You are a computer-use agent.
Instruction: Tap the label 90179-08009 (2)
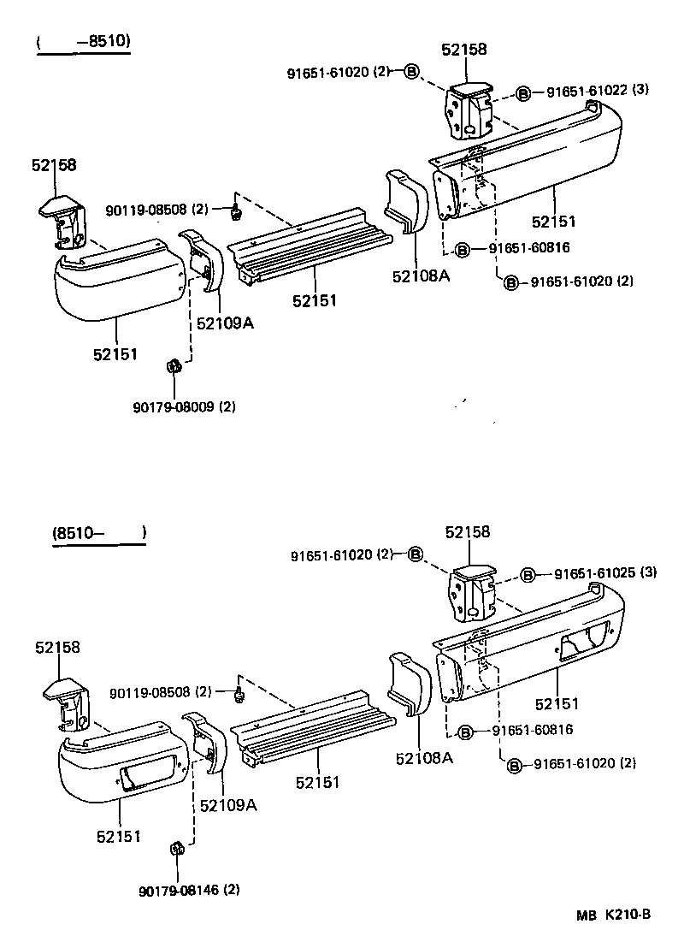coord(184,407)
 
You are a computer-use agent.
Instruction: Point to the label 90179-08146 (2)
coord(189,890)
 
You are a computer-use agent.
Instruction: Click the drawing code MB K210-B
coord(612,914)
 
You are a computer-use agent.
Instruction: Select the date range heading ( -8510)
coord(83,42)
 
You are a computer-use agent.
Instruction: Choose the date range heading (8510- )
coord(98,533)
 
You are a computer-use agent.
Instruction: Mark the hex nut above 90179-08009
coord(171,367)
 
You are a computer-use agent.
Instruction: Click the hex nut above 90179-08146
coord(178,850)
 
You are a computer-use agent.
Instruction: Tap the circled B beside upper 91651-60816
coord(462,249)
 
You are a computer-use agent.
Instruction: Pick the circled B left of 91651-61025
coord(528,574)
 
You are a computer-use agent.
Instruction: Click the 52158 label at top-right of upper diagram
coord(464,50)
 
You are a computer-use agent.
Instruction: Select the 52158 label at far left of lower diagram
coord(58,648)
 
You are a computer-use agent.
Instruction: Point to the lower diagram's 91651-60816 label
coord(532,731)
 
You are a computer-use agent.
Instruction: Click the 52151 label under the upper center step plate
coord(315,300)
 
